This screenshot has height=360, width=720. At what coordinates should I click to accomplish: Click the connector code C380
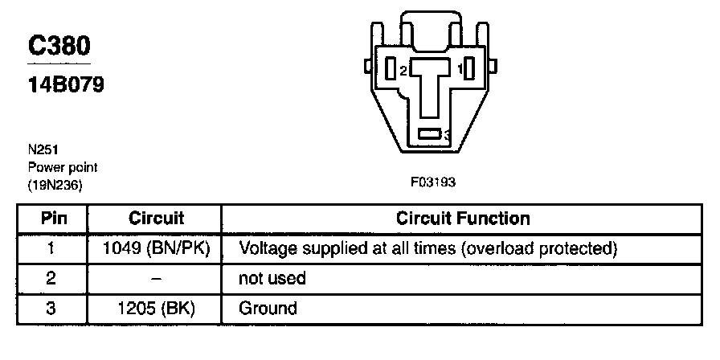(x=60, y=47)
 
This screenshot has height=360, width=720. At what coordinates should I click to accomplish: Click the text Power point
(x=63, y=168)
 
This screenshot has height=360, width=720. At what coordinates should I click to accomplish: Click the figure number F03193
(x=433, y=182)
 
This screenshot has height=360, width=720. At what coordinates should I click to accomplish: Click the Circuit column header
(x=157, y=219)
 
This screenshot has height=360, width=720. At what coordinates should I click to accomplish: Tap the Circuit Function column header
(x=463, y=219)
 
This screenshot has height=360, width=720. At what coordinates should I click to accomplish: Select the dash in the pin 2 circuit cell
(x=157, y=278)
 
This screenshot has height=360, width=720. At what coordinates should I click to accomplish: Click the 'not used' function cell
(x=272, y=278)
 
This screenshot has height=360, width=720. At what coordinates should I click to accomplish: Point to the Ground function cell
(x=268, y=308)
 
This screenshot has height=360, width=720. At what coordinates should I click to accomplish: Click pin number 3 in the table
(x=51, y=308)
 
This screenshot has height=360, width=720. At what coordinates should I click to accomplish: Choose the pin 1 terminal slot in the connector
(x=471, y=69)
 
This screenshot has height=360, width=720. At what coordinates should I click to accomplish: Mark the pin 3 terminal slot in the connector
(x=430, y=134)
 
